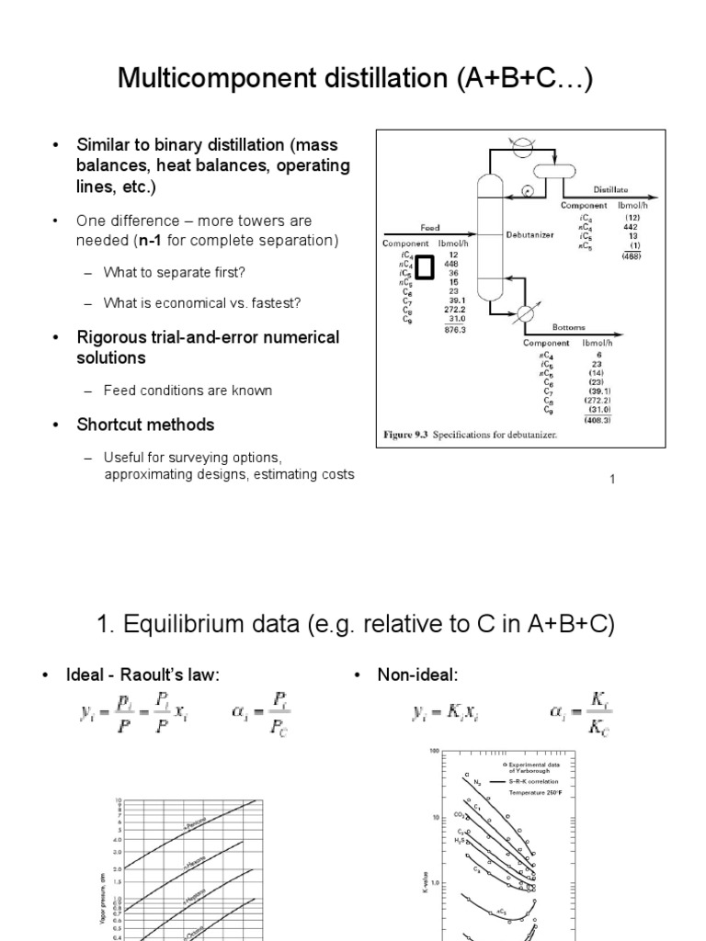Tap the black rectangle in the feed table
pos(425,267)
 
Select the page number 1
pos(611,479)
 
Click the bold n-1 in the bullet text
pos(169,241)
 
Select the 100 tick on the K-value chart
pos(433,751)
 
